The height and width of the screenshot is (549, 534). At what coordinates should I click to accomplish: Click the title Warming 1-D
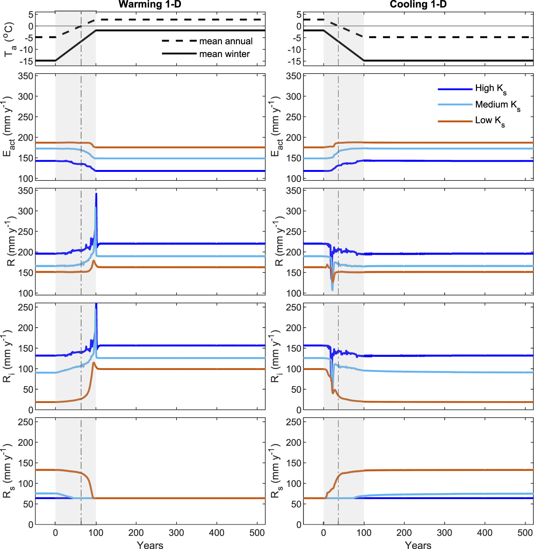tap(150, 5)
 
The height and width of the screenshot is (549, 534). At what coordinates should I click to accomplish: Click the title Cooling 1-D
tap(418, 5)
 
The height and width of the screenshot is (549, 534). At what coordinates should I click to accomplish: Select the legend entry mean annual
tap(226, 41)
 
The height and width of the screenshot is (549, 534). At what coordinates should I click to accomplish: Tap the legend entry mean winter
tap(224, 54)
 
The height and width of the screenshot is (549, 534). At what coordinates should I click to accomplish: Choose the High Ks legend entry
tap(490, 89)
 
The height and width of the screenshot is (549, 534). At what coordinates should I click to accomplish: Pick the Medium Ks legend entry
tap(497, 105)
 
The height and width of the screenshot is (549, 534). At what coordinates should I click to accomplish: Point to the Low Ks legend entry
tap(489, 120)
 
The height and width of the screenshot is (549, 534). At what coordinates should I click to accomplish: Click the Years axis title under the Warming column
tap(150, 545)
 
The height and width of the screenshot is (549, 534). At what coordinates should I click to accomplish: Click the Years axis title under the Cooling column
tap(418, 545)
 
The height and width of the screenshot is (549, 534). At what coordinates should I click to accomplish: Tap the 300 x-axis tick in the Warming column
tap(176, 532)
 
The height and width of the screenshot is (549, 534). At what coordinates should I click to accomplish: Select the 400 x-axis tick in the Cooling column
tap(485, 532)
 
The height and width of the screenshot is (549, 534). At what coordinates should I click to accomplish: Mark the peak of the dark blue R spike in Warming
tap(96, 194)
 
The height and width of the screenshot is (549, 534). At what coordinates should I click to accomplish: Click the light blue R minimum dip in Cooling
tap(332, 290)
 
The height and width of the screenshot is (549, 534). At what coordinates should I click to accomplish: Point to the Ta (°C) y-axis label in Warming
tap(9, 39)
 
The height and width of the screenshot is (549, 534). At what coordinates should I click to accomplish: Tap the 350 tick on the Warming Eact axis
tap(26, 76)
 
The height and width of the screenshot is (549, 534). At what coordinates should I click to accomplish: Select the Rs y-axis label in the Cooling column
tap(277, 471)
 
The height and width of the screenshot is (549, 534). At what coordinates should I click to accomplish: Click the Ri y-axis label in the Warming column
tap(9, 357)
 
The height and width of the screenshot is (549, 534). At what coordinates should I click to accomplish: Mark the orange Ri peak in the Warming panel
tap(93, 362)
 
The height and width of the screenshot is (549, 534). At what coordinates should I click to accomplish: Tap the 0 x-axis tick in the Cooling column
tap(323, 532)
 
